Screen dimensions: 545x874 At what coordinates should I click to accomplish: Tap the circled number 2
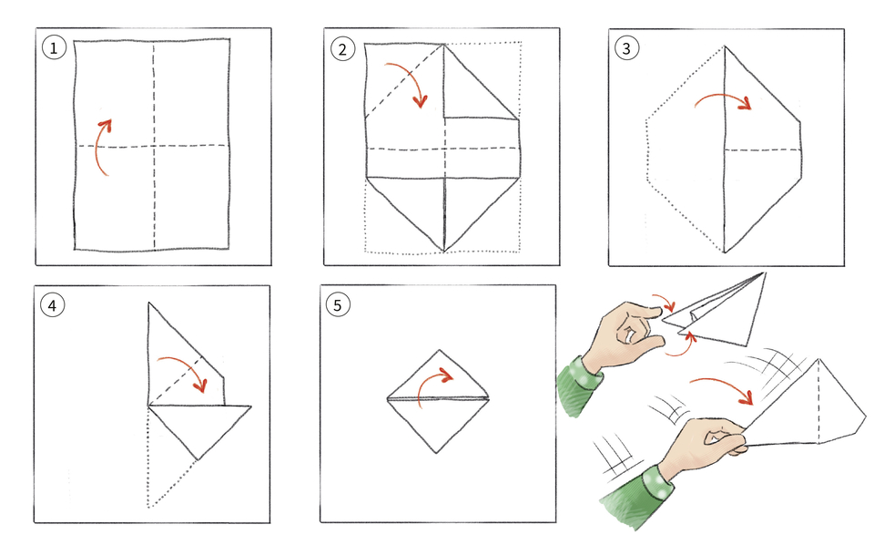[x=341, y=49]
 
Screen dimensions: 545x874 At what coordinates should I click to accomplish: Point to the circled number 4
[x=52, y=305]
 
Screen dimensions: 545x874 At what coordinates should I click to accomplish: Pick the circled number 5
[x=338, y=305]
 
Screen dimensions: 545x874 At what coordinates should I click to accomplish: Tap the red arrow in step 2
[x=406, y=82]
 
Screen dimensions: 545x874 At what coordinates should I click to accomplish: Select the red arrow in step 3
[x=725, y=99]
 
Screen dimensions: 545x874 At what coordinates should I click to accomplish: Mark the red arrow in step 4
[x=187, y=369]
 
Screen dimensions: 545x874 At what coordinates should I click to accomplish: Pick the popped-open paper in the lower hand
[x=810, y=410]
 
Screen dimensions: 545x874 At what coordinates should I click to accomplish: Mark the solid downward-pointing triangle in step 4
[x=196, y=424]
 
